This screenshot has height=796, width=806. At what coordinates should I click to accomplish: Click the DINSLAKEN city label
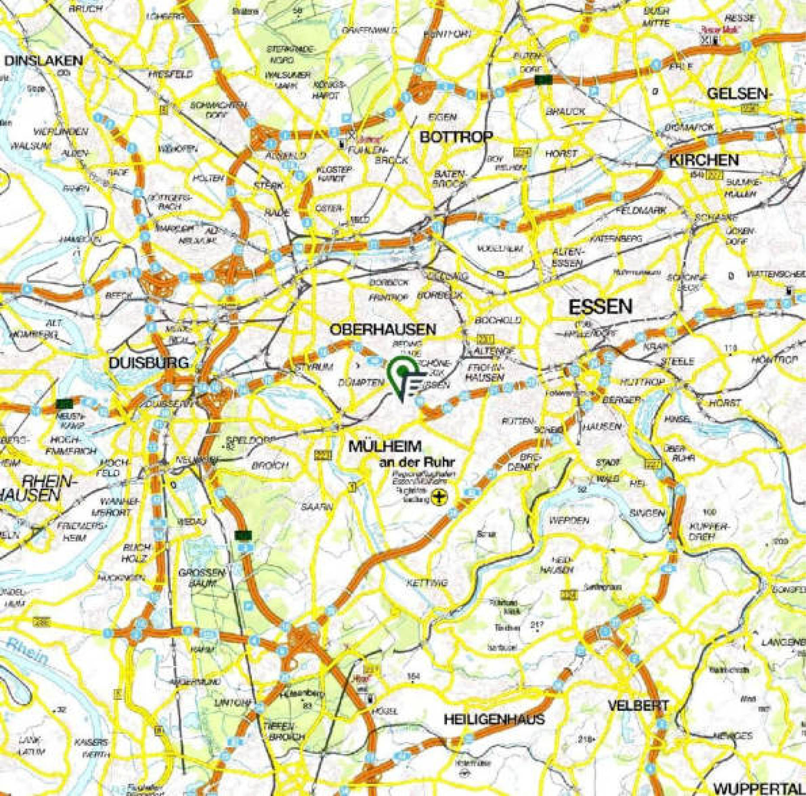(x=43, y=61)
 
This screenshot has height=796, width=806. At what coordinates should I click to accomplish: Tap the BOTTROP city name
(x=456, y=137)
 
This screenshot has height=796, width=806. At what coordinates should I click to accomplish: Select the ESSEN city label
(x=600, y=307)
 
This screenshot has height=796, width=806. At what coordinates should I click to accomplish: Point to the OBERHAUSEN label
(x=383, y=329)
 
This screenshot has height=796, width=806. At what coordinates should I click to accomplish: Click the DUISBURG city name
(x=149, y=363)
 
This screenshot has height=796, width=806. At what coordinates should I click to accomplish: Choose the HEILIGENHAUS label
(x=494, y=719)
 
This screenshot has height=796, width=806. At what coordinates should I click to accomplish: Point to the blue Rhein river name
(x=28, y=649)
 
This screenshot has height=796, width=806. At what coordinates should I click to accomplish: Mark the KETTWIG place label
(x=427, y=583)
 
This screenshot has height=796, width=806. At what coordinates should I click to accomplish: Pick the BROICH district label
(x=269, y=466)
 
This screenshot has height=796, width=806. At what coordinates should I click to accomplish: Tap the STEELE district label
(x=677, y=361)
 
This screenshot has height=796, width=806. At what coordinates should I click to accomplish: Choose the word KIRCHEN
(x=704, y=160)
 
